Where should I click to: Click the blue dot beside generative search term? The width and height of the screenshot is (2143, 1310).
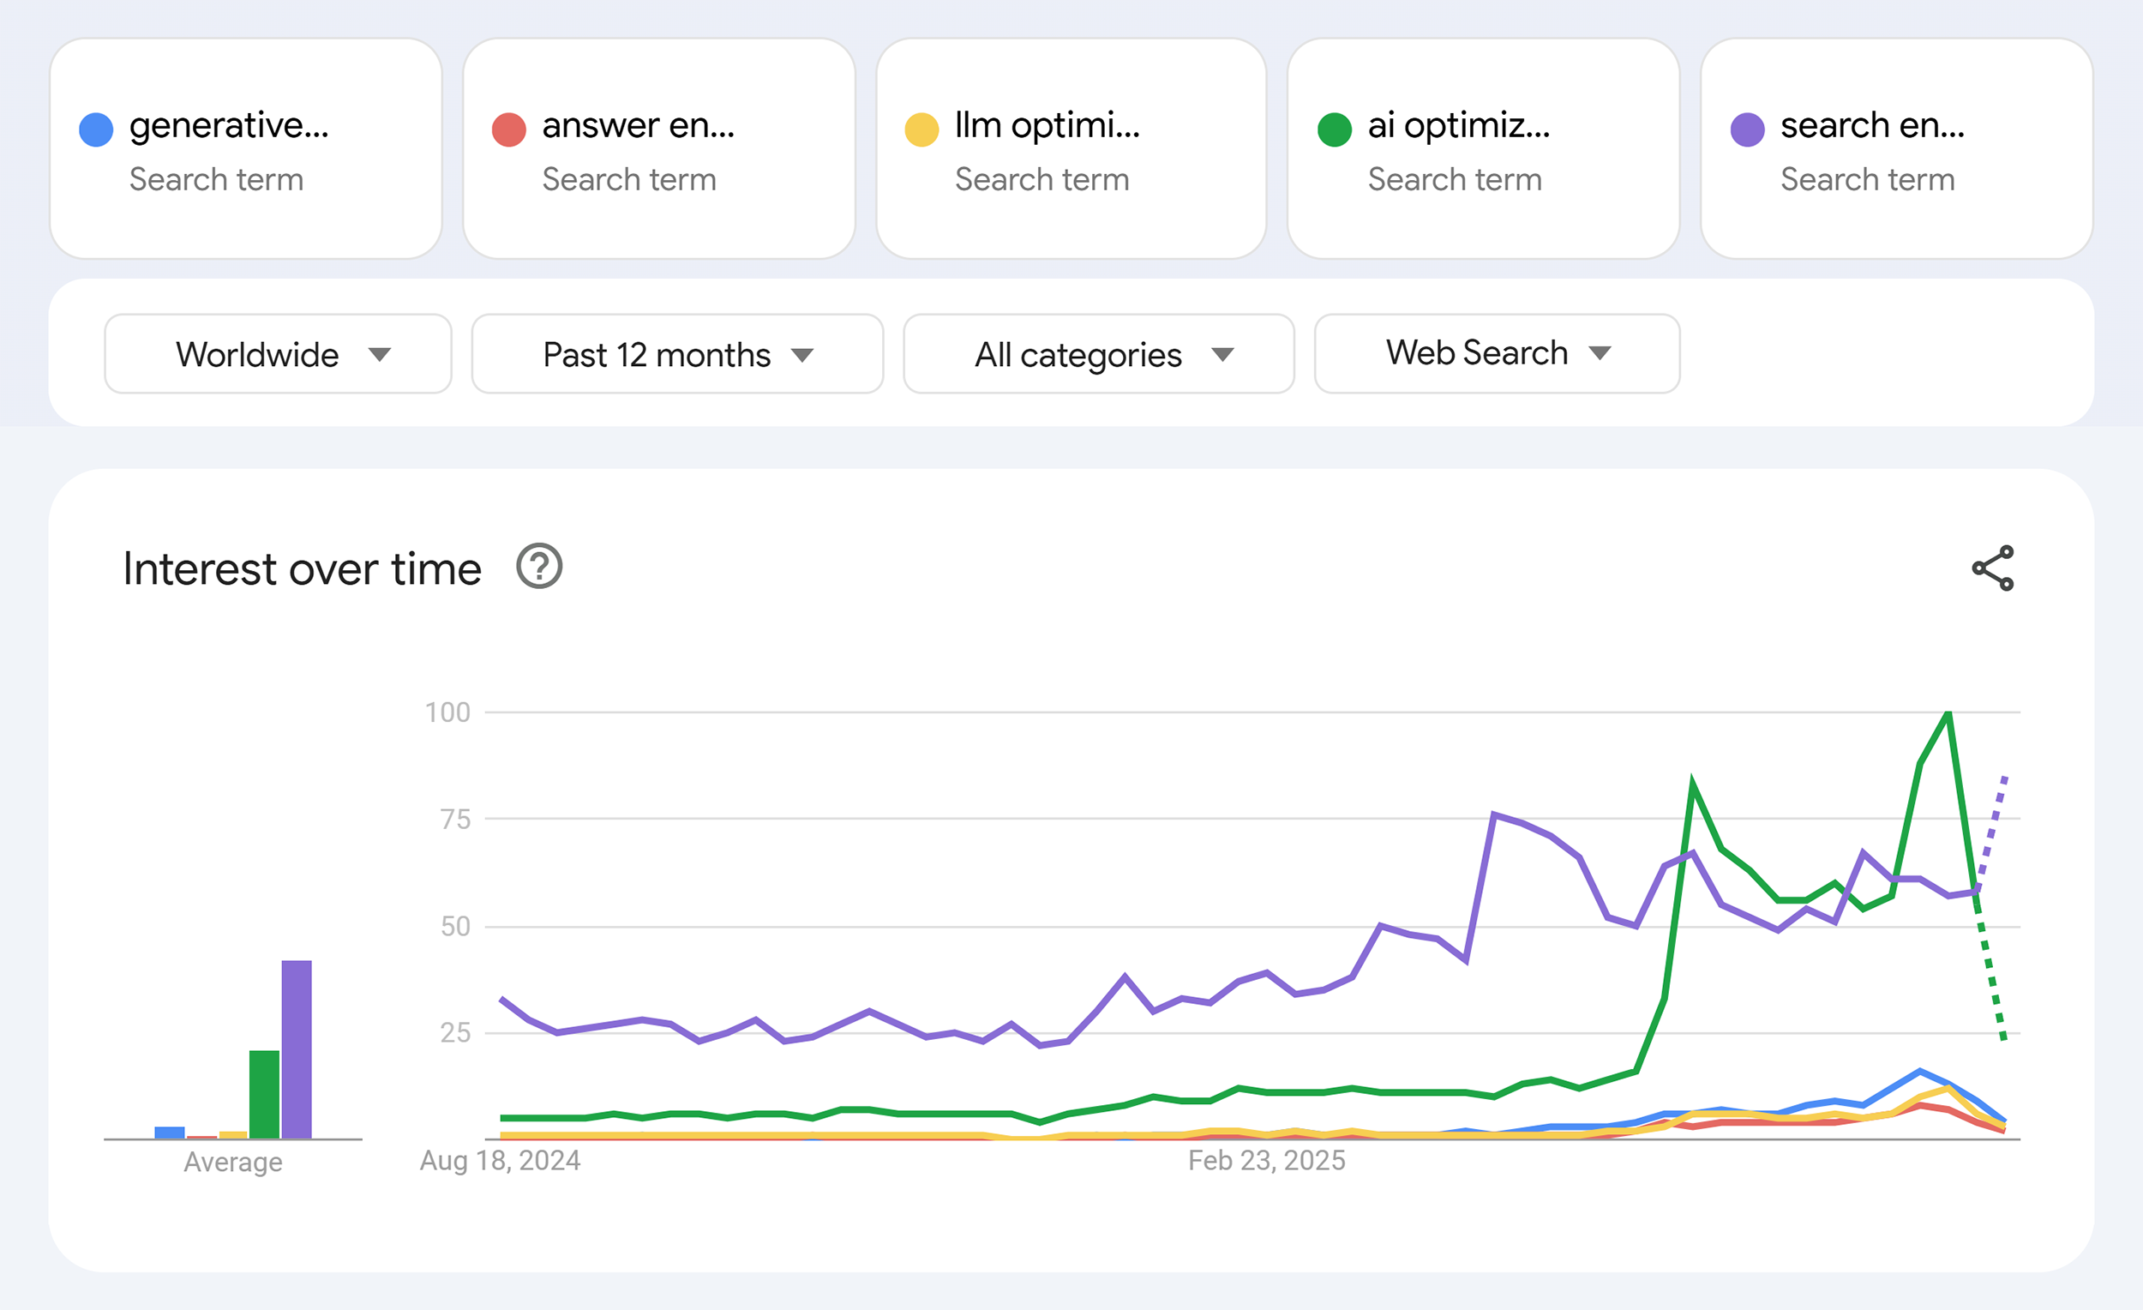(x=96, y=129)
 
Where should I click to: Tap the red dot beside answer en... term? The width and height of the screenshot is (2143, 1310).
(x=509, y=129)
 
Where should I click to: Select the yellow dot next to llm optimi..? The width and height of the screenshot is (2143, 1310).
(x=921, y=129)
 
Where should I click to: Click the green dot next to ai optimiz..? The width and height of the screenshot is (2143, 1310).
(x=1334, y=129)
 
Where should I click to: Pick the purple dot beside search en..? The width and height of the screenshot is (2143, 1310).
(x=1747, y=129)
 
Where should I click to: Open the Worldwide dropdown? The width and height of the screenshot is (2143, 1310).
(x=278, y=354)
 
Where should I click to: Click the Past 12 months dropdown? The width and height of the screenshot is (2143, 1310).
(x=676, y=354)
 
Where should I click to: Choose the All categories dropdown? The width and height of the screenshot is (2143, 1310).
(x=1098, y=354)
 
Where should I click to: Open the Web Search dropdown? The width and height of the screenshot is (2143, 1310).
(x=1496, y=353)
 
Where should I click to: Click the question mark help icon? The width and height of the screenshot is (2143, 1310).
(x=539, y=567)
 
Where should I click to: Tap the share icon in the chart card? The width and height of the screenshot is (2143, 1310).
(x=1992, y=568)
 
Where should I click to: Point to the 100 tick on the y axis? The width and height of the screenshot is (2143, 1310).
(x=447, y=712)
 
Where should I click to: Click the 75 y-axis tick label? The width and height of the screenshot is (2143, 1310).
(x=455, y=819)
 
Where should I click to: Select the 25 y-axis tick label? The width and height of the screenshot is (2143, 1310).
(x=455, y=1032)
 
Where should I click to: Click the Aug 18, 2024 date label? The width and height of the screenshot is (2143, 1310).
(x=500, y=1160)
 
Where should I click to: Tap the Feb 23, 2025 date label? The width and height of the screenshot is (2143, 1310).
(x=1266, y=1160)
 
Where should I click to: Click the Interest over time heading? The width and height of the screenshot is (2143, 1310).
(x=302, y=569)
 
